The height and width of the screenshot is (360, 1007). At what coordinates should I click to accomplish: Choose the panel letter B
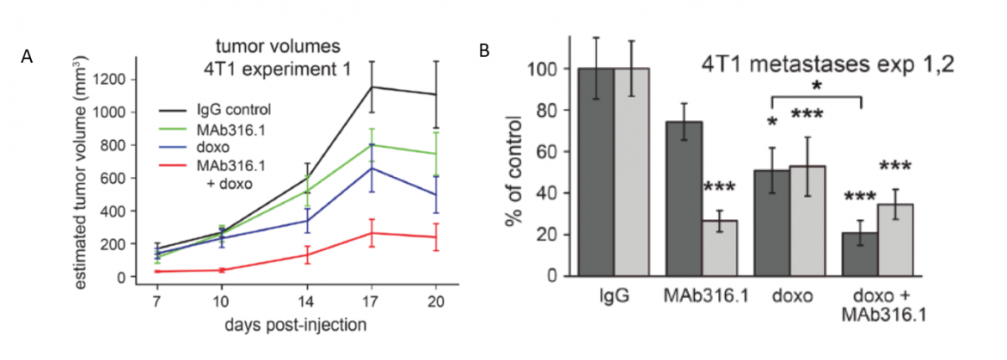pyautogui.click(x=484, y=51)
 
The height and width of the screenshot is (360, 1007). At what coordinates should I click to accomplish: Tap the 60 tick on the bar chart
pyautogui.click(x=550, y=152)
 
